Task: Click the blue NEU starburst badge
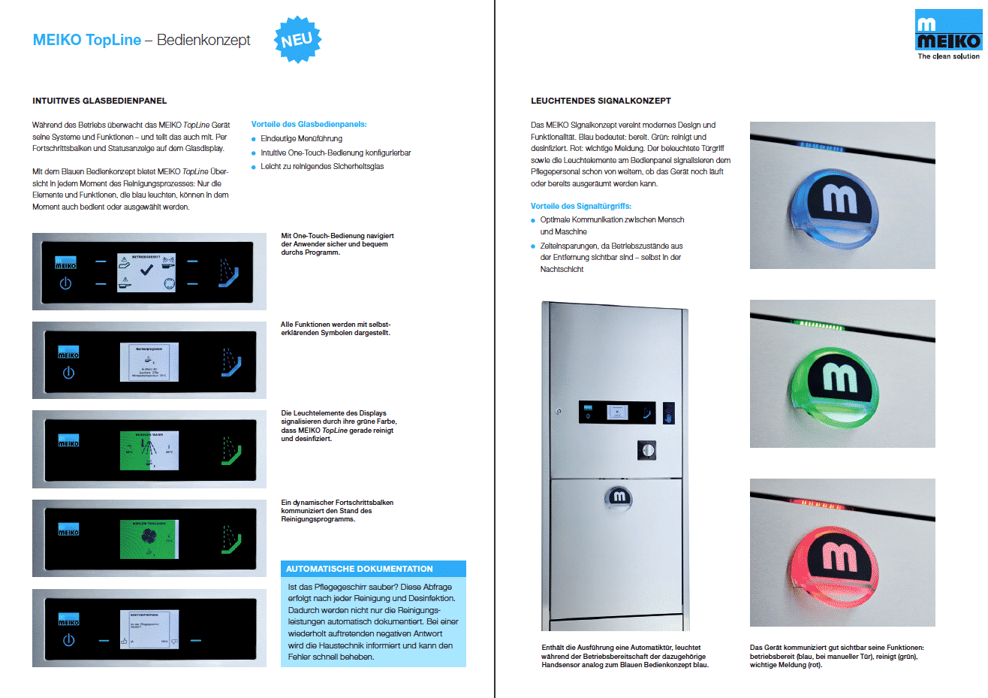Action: pyautogui.click(x=297, y=39)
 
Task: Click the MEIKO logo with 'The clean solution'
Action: pyautogui.click(x=947, y=35)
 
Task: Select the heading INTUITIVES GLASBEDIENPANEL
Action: pyautogui.click(x=99, y=101)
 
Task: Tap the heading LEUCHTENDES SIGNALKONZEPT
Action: pyautogui.click(x=601, y=101)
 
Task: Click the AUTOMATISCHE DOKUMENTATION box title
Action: pyautogui.click(x=359, y=569)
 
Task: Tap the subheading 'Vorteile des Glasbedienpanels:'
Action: pyautogui.click(x=309, y=124)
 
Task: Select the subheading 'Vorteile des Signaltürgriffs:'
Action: pyautogui.click(x=580, y=206)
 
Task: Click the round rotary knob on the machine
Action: pyautogui.click(x=646, y=450)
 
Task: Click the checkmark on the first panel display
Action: pyautogui.click(x=147, y=270)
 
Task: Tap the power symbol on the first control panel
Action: pyautogui.click(x=66, y=283)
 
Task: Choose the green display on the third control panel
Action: pyautogui.click(x=149, y=451)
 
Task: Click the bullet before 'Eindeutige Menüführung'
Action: pyautogui.click(x=254, y=139)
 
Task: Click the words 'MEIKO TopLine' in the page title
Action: pyautogui.click(x=87, y=40)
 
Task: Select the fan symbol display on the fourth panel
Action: pyautogui.click(x=149, y=539)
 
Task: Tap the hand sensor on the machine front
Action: pyautogui.click(x=668, y=412)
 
